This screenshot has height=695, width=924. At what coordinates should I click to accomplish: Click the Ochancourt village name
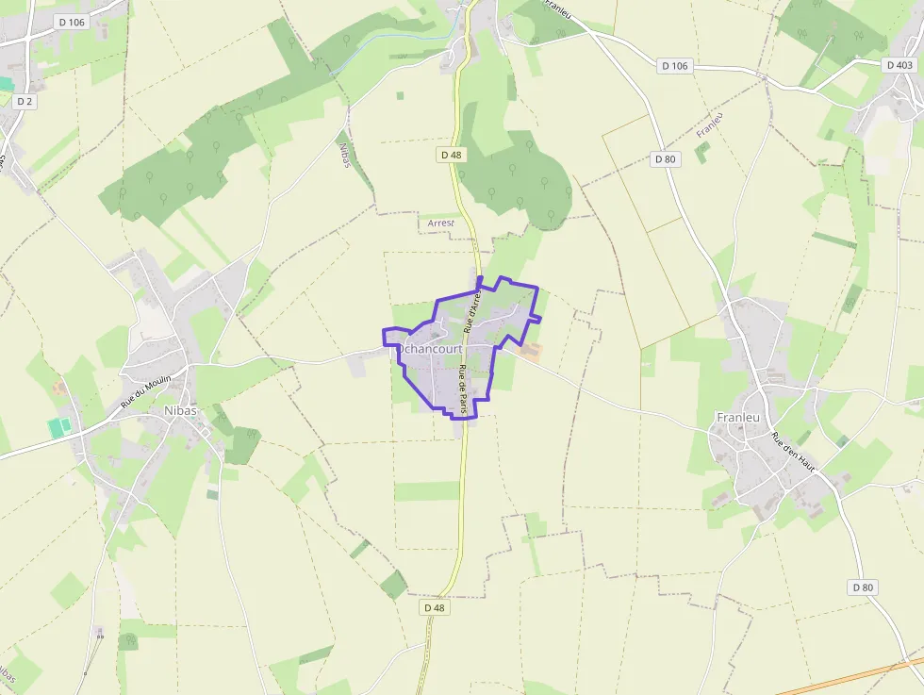click(x=429, y=348)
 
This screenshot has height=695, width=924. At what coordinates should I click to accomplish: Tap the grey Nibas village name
click(x=182, y=411)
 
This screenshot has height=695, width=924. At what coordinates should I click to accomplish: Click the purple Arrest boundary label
click(x=441, y=223)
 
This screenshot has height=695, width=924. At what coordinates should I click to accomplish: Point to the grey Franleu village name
click(x=739, y=417)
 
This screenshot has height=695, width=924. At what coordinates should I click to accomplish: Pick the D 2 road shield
click(x=25, y=102)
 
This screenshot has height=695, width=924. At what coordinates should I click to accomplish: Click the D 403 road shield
click(x=899, y=65)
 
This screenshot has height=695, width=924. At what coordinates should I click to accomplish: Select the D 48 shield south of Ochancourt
click(x=434, y=608)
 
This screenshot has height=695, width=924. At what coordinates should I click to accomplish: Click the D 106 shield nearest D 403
click(x=675, y=65)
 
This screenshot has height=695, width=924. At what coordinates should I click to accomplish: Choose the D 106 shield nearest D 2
click(x=72, y=22)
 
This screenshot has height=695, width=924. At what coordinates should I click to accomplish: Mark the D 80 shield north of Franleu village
click(x=666, y=159)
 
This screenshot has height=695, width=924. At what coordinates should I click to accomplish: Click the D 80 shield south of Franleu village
click(x=863, y=587)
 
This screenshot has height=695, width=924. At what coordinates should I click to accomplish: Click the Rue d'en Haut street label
click(x=793, y=452)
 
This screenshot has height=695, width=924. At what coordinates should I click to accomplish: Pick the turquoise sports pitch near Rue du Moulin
click(x=59, y=427)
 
